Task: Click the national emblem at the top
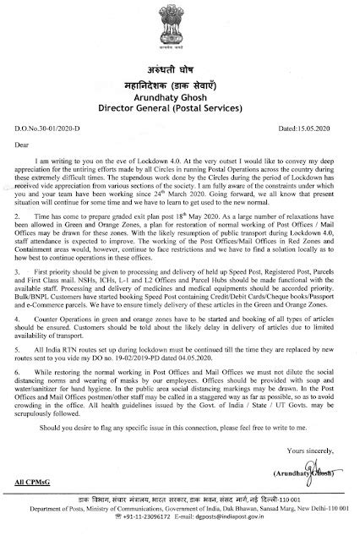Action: [179, 29]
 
